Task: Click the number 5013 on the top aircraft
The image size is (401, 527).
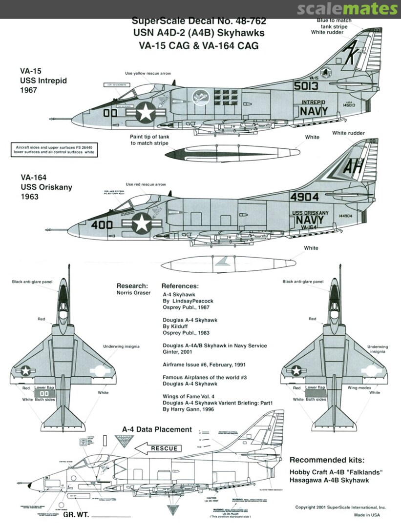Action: tap(306, 86)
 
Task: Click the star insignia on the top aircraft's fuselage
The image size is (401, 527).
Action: tap(145, 114)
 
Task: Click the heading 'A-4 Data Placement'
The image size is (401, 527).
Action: tap(157, 429)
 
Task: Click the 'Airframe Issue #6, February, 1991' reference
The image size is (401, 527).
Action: tap(200, 364)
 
